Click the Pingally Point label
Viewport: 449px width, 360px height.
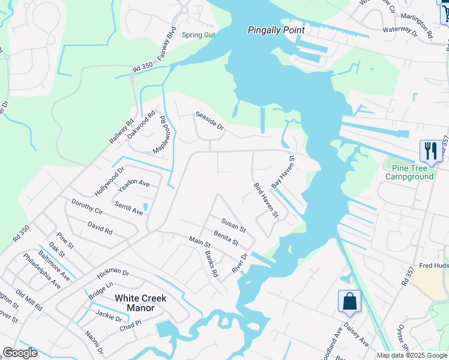(277, 30)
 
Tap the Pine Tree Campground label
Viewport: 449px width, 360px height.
(409, 172)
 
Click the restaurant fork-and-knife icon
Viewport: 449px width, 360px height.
(430, 151)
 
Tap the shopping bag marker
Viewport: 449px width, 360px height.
(349, 301)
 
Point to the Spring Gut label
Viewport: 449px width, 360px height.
(198, 35)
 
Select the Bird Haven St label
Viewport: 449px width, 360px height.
(266, 200)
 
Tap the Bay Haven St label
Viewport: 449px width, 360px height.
(283, 173)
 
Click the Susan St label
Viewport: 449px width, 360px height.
(233, 225)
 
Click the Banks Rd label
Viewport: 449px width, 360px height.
(211, 263)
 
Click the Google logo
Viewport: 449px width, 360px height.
(20, 353)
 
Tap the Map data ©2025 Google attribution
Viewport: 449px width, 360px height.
(411, 355)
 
